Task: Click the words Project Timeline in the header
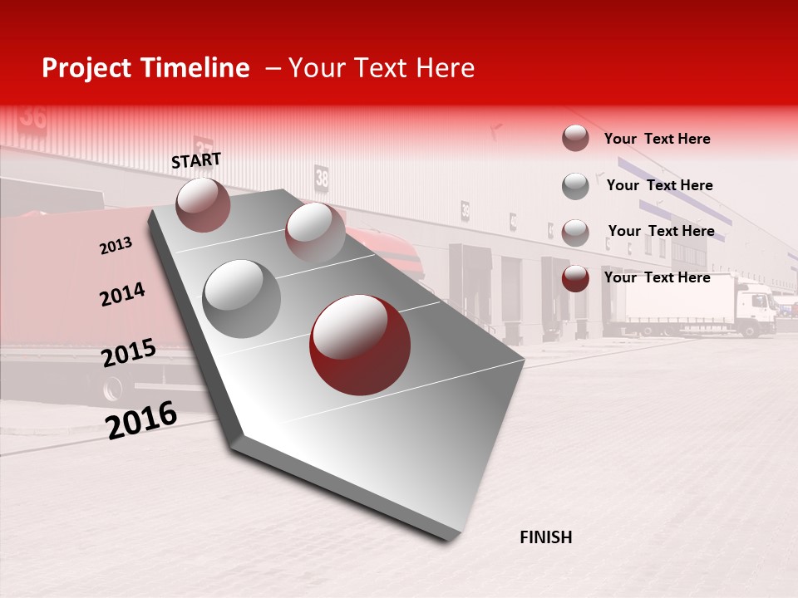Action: (145, 68)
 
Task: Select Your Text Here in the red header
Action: (381, 68)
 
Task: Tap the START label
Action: (196, 160)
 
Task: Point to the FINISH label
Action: (545, 537)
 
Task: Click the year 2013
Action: (116, 246)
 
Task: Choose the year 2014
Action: (122, 294)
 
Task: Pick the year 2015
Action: (128, 353)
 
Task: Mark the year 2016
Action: (141, 420)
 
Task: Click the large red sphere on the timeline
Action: (360, 345)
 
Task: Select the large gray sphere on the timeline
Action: (241, 299)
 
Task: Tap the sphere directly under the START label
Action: (203, 204)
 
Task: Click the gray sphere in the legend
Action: (575, 186)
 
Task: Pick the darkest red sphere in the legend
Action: (575, 278)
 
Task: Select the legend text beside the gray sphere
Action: (659, 185)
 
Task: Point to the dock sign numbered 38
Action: (322, 177)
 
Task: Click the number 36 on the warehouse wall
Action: (33, 115)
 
